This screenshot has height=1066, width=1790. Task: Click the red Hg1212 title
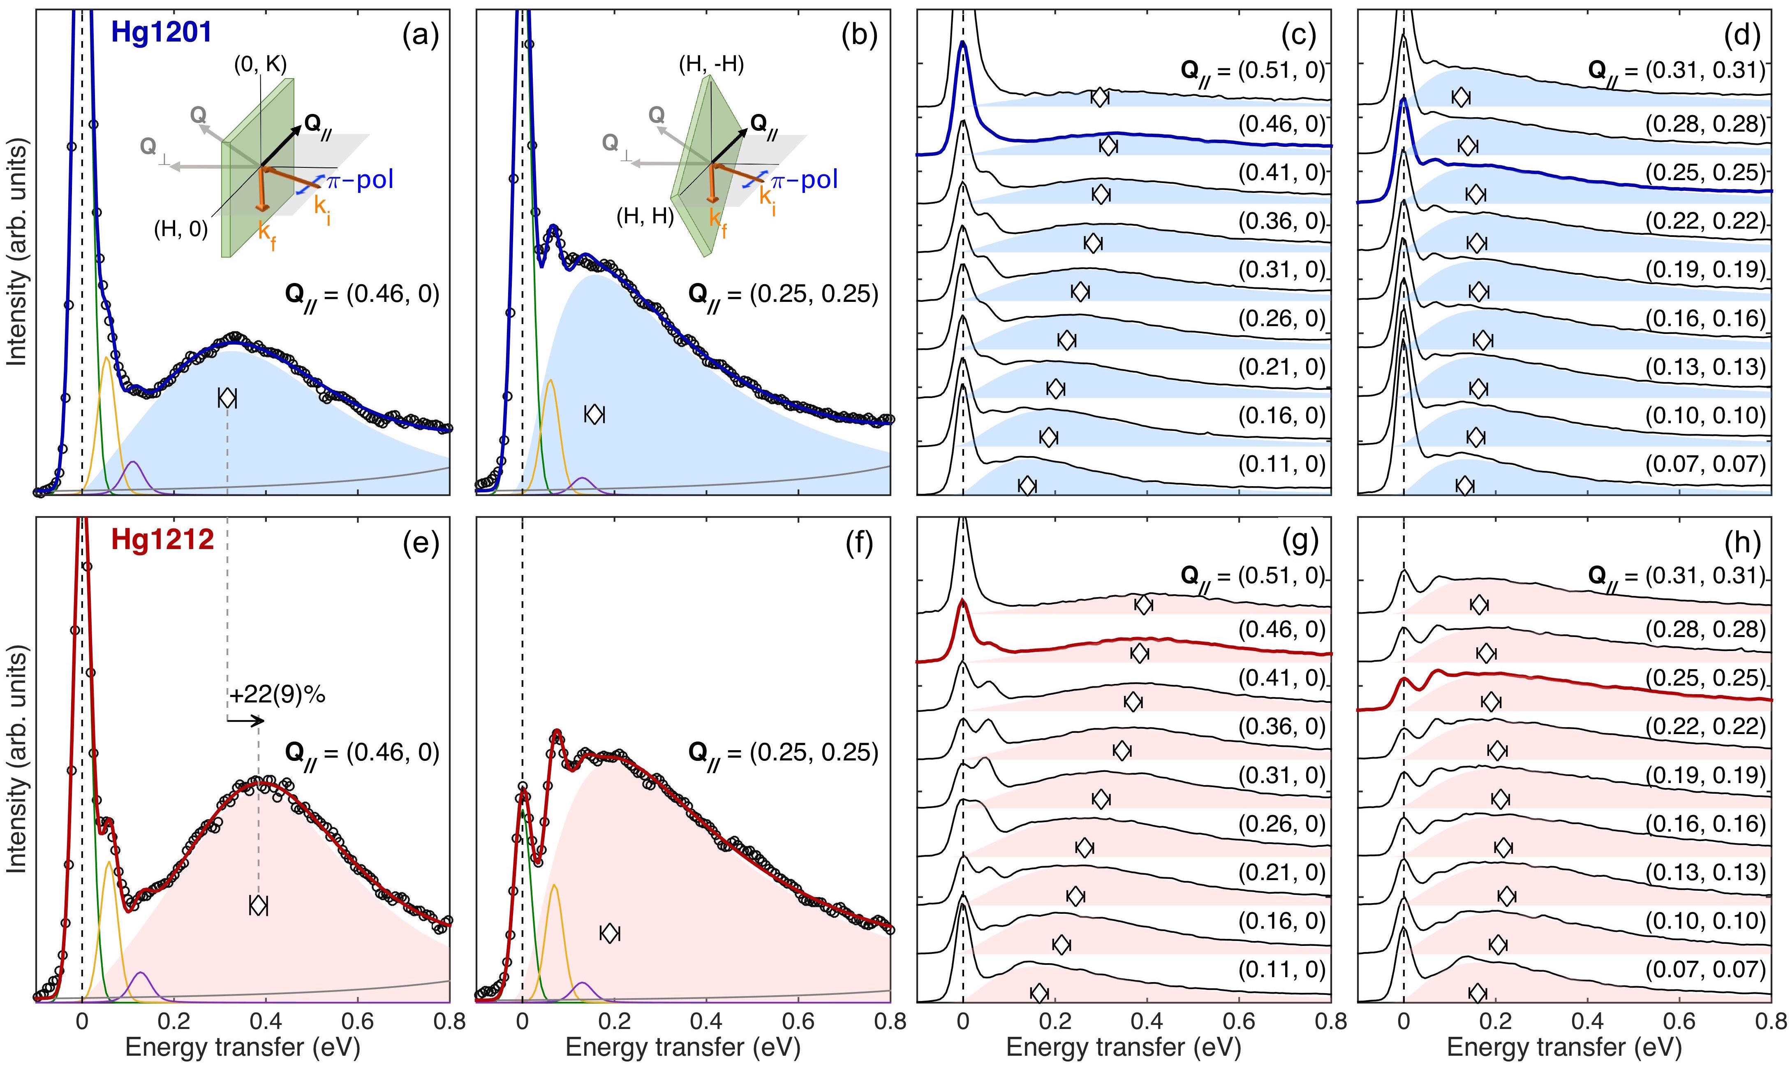(x=163, y=540)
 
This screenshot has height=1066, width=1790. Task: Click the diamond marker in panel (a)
(x=227, y=398)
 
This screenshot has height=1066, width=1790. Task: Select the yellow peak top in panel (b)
(x=550, y=381)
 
